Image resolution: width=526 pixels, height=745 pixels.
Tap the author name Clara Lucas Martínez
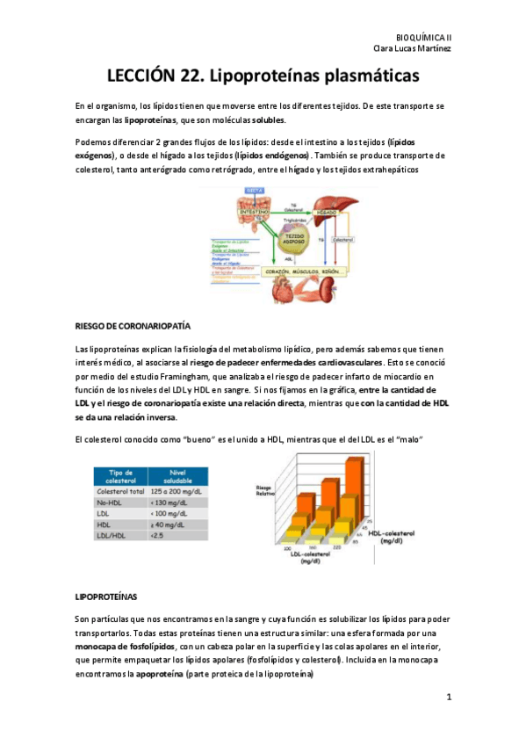coord(413,48)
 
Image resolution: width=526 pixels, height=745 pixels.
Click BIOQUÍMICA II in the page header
coord(424,37)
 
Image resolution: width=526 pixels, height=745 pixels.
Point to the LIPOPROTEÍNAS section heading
coord(112,597)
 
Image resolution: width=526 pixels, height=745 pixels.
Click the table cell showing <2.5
coord(158,534)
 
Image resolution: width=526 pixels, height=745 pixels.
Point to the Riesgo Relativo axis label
coord(265,490)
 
